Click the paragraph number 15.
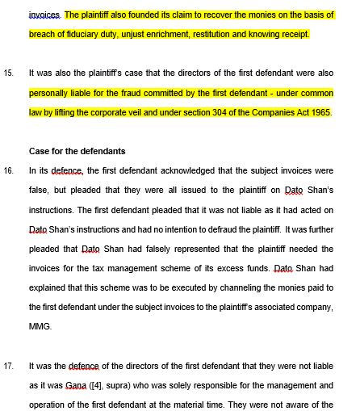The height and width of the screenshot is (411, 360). tap(9, 73)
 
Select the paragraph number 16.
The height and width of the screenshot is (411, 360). tap(9, 170)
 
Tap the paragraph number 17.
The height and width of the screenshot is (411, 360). tap(9, 364)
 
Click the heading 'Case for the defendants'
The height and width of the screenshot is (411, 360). tap(77, 151)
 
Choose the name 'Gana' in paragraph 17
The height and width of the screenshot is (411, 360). tap(77, 384)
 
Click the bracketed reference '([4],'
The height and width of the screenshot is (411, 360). tap(105, 384)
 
